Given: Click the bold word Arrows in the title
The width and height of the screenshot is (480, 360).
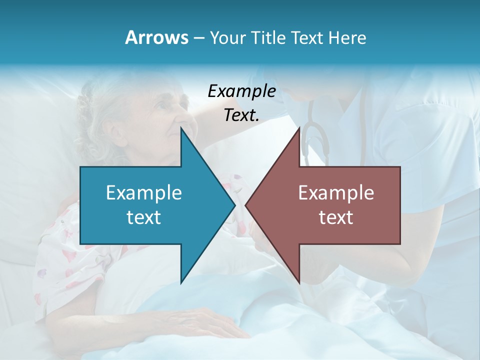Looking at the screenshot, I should pos(156,37).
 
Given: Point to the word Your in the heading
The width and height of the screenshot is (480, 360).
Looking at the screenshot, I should pos(227,37).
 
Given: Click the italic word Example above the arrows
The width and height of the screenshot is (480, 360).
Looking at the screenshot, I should pos(241,91).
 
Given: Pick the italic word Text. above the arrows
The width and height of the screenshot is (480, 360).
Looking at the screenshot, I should pos(241,115).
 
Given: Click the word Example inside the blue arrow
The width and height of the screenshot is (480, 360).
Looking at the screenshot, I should pos(144,192).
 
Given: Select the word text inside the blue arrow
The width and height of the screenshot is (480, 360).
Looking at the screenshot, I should pos(144,217).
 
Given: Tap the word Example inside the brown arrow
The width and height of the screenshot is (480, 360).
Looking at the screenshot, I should pos(336,192).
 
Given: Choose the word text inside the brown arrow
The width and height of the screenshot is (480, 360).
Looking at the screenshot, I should pos(336,217).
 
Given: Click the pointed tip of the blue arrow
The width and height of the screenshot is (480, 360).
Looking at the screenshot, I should pos(234,205).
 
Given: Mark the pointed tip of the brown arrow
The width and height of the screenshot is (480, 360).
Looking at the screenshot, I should pos(246,205).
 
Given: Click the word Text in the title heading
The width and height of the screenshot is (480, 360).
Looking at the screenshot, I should pos(308,37).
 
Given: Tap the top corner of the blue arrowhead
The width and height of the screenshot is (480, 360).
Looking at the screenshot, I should pos(181,127).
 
